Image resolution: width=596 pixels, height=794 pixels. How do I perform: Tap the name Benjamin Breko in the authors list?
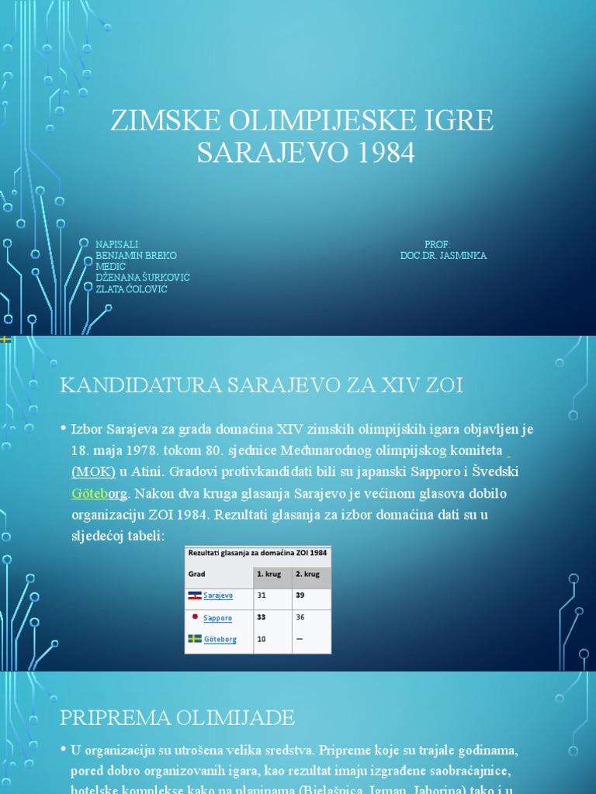pos(136,255)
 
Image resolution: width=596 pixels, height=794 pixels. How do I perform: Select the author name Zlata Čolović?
pos(131,289)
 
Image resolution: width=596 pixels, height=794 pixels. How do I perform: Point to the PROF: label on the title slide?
pos(437,244)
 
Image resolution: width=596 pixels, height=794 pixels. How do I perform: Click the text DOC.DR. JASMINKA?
pos(443,255)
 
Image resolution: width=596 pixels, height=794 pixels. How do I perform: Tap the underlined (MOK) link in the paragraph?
pos(93,471)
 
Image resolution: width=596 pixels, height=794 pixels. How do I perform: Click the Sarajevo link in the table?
pos(218,595)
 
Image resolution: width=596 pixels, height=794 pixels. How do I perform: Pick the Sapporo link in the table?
pos(217,618)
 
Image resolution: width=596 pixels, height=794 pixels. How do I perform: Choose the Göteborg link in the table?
pos(220,640)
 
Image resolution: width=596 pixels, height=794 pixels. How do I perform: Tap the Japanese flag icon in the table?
pos(195,615)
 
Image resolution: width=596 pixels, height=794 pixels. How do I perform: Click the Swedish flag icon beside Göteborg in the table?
pos(195,639)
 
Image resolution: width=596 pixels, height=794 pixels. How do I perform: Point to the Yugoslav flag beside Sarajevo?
pos(195,595)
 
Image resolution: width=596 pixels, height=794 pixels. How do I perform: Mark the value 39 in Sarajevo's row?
pos(300,595)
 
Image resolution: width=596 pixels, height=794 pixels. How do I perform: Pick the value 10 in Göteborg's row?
pos(262,639)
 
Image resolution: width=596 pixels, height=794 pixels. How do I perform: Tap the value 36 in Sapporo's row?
pos(300,617)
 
